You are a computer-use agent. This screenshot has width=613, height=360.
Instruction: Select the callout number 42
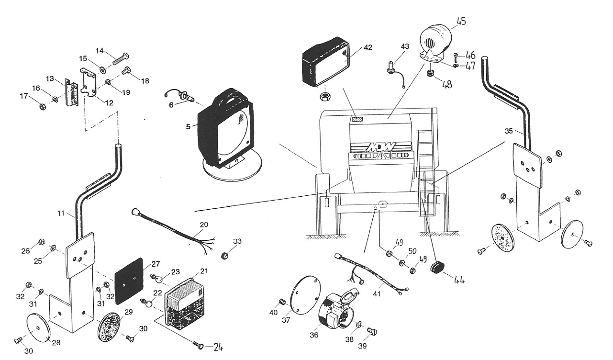coord(368,47)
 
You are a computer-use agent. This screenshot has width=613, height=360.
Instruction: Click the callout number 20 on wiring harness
coord(204,224)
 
